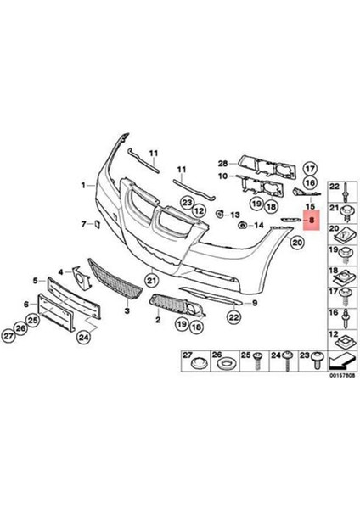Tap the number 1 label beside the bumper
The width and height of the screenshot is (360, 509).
84,184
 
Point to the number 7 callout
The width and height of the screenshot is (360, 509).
83,224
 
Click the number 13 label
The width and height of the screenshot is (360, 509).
233,216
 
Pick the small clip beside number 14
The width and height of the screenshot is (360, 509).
243,226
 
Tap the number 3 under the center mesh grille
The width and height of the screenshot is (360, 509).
127,312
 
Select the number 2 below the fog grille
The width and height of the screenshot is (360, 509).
158,322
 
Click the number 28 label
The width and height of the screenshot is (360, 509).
222,164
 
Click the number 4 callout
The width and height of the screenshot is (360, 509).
61,272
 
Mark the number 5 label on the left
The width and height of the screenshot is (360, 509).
35,279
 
